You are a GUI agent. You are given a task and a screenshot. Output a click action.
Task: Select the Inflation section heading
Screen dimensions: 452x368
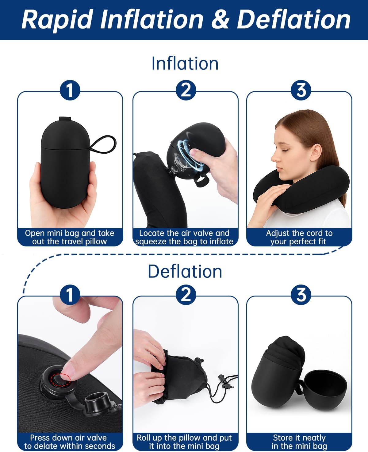pos(185,63)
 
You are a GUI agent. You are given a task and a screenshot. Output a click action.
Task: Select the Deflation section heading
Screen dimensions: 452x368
pos(185,271)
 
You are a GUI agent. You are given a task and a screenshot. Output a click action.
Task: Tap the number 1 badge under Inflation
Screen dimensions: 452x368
pos(70,90)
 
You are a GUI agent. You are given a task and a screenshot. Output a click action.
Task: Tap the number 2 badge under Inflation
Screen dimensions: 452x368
pos(186,90)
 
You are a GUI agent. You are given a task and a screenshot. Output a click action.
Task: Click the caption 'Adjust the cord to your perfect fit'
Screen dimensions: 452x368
pos(299,237)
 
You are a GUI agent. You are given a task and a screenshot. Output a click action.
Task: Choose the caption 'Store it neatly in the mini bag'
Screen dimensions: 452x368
pos(299,442)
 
